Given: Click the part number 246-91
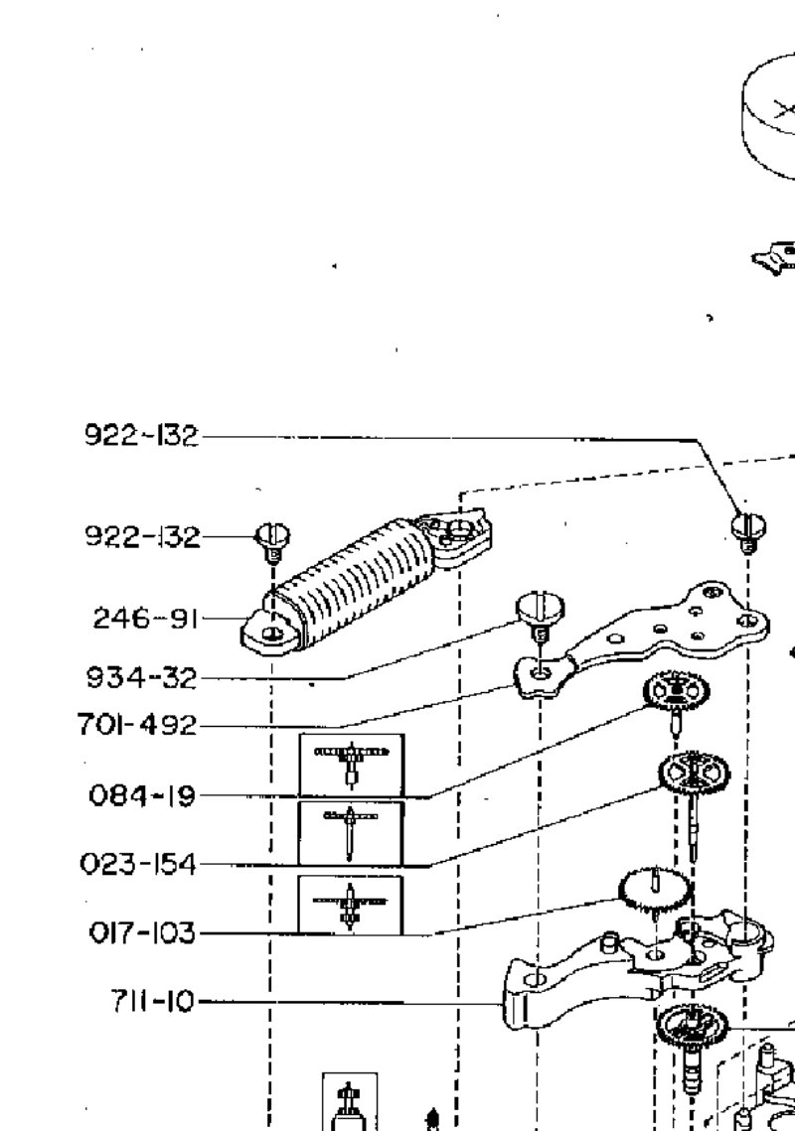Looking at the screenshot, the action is tap(144, 619).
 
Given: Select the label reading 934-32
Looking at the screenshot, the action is tap(141, 678).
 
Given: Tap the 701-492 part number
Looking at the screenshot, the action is tap(137, 724).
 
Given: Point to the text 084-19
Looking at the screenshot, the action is tap(142, 795).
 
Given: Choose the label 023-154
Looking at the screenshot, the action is tap(138, 864).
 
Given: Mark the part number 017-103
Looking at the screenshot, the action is tap(142, 933).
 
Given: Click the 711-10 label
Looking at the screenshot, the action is tap(152, 1001).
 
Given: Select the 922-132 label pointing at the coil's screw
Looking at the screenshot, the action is tap(142, 536).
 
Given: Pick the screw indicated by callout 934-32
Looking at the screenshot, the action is tap(540, 617).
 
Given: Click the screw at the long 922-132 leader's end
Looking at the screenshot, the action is tap(748, 531).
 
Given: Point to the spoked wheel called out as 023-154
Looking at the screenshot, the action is tap(694, 774).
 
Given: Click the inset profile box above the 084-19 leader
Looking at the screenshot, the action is tap(352, 765).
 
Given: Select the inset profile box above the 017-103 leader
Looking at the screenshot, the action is tap(350, 905).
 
